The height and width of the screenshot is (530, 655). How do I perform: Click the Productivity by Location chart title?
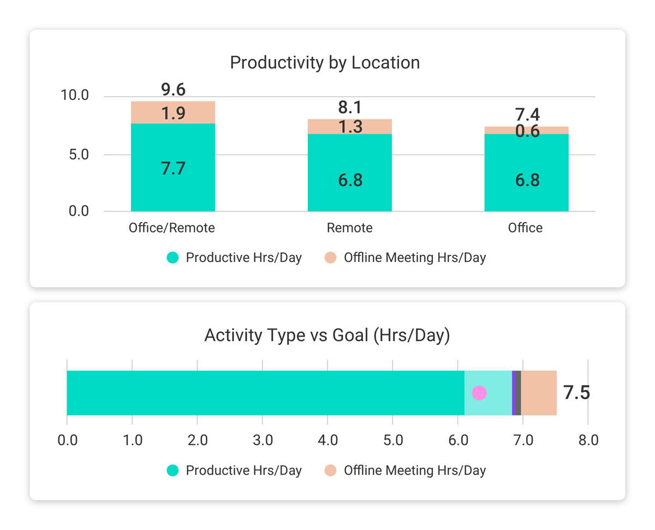325,63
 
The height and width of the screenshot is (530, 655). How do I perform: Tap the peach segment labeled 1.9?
173,113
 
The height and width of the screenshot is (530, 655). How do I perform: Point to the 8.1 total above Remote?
350,108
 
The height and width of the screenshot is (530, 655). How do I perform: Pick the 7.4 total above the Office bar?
527,115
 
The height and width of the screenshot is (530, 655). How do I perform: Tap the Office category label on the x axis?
525,228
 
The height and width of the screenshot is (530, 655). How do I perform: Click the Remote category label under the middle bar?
350,228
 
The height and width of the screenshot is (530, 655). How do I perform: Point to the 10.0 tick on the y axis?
74,96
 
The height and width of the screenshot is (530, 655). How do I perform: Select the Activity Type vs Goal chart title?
327,335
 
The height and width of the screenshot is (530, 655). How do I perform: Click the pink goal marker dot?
479,393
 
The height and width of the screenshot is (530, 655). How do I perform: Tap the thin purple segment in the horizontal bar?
514,393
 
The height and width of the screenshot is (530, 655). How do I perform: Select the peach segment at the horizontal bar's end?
539,393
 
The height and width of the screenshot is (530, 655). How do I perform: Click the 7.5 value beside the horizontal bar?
576,393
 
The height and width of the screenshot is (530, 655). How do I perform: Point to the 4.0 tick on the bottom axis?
327,440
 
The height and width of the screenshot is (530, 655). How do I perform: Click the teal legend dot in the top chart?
172,258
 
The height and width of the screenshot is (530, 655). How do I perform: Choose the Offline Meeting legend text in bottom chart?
414,471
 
